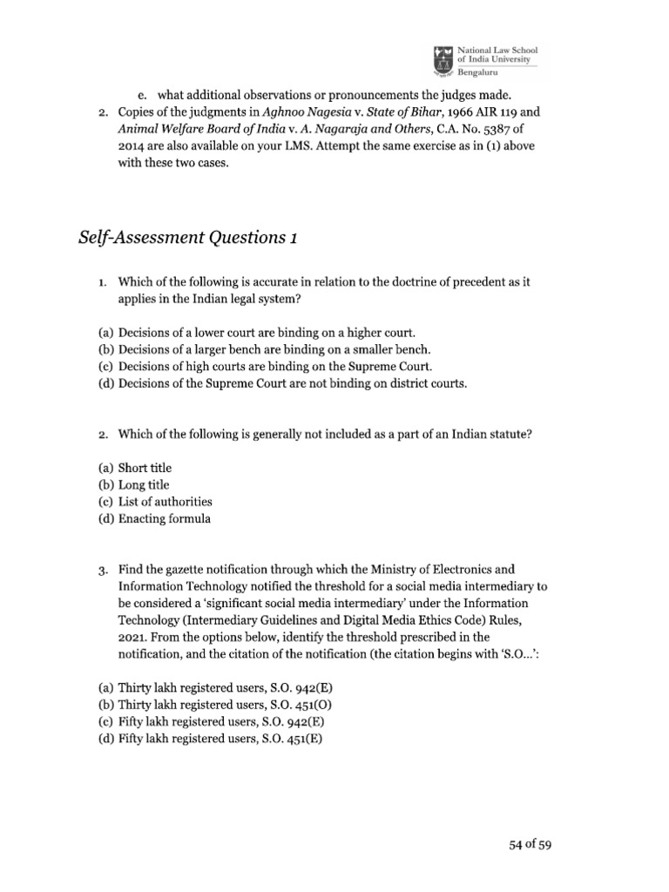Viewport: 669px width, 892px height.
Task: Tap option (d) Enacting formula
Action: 154,518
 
